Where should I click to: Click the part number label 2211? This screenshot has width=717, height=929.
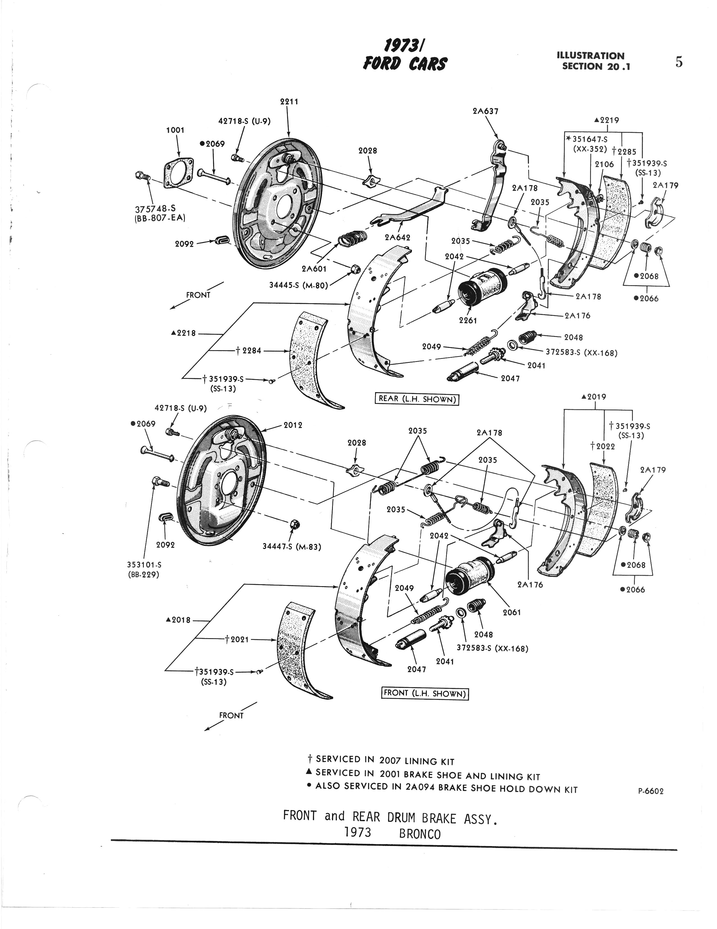(x=289, y=102)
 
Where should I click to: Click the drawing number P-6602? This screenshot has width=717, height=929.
(x=651, y=791)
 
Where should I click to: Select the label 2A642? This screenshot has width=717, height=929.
(x=397, y=237)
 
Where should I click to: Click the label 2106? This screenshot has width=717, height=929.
(x=604, y=164)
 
